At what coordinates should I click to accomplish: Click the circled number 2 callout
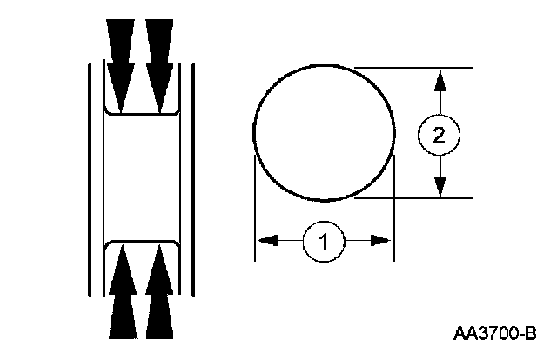click(440, 135)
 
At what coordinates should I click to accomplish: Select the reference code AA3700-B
click(494, 333)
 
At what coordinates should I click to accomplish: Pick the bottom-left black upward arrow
click(122, 296)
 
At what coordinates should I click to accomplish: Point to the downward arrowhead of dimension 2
click(440, 184)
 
